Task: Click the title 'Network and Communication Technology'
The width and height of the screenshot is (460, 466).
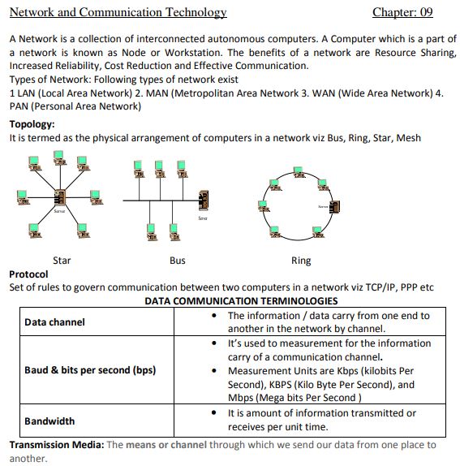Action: coord(118,12)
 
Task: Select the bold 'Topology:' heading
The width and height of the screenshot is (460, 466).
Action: coord(32,124)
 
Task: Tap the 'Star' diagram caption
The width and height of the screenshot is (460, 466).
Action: coord(61,261)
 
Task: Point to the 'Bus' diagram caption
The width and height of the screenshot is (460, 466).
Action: coord(177,261)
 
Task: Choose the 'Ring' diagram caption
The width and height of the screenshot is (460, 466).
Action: coord(300,261)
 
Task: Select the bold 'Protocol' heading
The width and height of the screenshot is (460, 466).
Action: coord(28,274)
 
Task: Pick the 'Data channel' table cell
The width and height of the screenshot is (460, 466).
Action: coord(54,322)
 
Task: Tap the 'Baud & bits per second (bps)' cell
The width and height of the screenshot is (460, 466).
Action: coord(90,370)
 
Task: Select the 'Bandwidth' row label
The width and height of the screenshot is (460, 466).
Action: coord(49,421)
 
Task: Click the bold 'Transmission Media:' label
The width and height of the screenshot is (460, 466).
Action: coord(56,445)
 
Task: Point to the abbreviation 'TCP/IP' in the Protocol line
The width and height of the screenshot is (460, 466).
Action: coord(377,287)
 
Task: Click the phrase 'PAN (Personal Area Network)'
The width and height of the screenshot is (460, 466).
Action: coord(75,106)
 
